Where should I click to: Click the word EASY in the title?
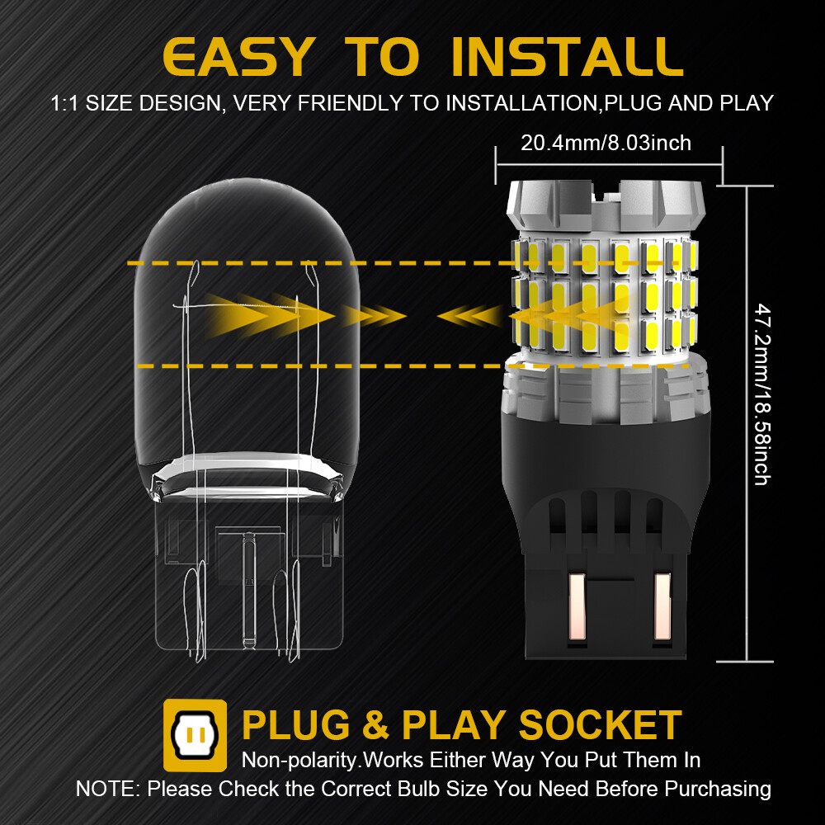238,56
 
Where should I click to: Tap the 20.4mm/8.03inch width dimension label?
606,144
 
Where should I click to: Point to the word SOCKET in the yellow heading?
600,725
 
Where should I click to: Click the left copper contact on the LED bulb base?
577,607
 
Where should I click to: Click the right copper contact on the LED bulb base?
663,607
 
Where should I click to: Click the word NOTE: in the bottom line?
108,788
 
